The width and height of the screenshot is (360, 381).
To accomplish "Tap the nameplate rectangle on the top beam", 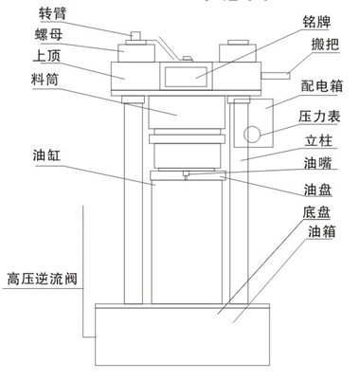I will coord(187,73).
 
